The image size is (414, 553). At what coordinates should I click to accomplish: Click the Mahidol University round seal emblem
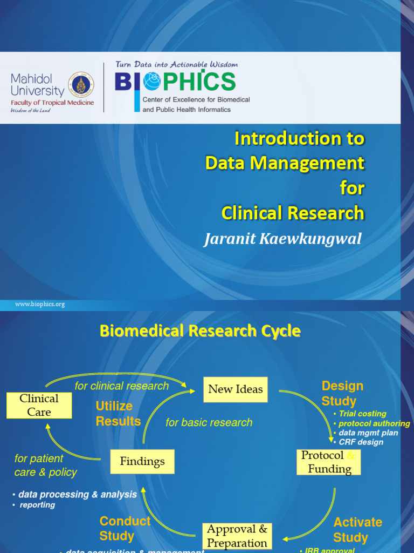[81, 85]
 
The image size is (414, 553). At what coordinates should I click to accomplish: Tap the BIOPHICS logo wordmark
[175, 82]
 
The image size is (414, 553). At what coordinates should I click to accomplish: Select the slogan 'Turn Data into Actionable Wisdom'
[176, 64]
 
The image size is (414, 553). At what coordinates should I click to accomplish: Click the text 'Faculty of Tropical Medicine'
[52, 103]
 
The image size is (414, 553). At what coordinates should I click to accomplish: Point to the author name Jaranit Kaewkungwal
[282, 239]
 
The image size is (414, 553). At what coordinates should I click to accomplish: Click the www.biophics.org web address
[40, 304]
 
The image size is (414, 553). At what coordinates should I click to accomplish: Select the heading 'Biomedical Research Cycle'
[200, 331]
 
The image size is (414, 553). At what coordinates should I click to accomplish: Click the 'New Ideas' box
[236, 389]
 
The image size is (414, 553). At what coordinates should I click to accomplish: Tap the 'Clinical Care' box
[39, 405]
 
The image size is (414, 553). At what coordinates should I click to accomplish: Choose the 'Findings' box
[142, 462]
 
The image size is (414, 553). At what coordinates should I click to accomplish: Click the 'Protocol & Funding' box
[329, 462]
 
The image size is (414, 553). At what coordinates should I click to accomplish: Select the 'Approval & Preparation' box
[237, 536]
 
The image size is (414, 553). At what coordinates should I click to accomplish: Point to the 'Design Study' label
[342, 393]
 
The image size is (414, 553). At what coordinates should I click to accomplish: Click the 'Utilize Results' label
[118, 413]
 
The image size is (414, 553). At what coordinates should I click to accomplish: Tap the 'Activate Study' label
[357, 530]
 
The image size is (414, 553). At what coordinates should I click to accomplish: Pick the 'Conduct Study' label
[125, 528]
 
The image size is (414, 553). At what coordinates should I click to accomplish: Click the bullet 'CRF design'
[361, 442]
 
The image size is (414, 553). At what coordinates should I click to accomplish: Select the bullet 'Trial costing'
[362, 414]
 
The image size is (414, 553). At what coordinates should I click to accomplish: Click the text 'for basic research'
[209, 422]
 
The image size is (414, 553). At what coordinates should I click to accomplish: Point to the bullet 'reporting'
[37, 505]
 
